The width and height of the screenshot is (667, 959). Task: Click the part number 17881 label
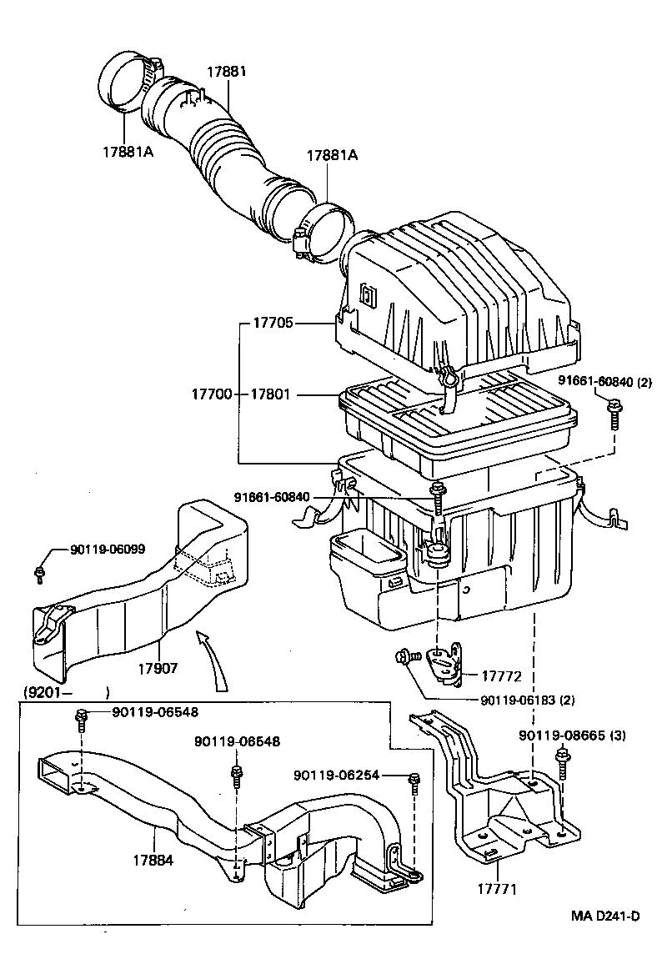click(x=226, y=72)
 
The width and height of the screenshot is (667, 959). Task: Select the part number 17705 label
click(x=271, y=324)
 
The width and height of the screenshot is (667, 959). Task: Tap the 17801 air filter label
click(x=271, y=394)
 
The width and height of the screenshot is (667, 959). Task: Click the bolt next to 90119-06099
click(x=39, y=572)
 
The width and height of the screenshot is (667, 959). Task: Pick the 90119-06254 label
click(x=337, y=775)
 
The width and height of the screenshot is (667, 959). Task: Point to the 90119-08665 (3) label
click(x=572, y=736)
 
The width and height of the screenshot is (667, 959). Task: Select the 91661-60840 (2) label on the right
click(x=604, y=384)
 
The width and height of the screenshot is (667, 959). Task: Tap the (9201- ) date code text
click(x=61, y=692)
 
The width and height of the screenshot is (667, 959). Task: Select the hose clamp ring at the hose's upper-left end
click(x=123, y=83)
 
